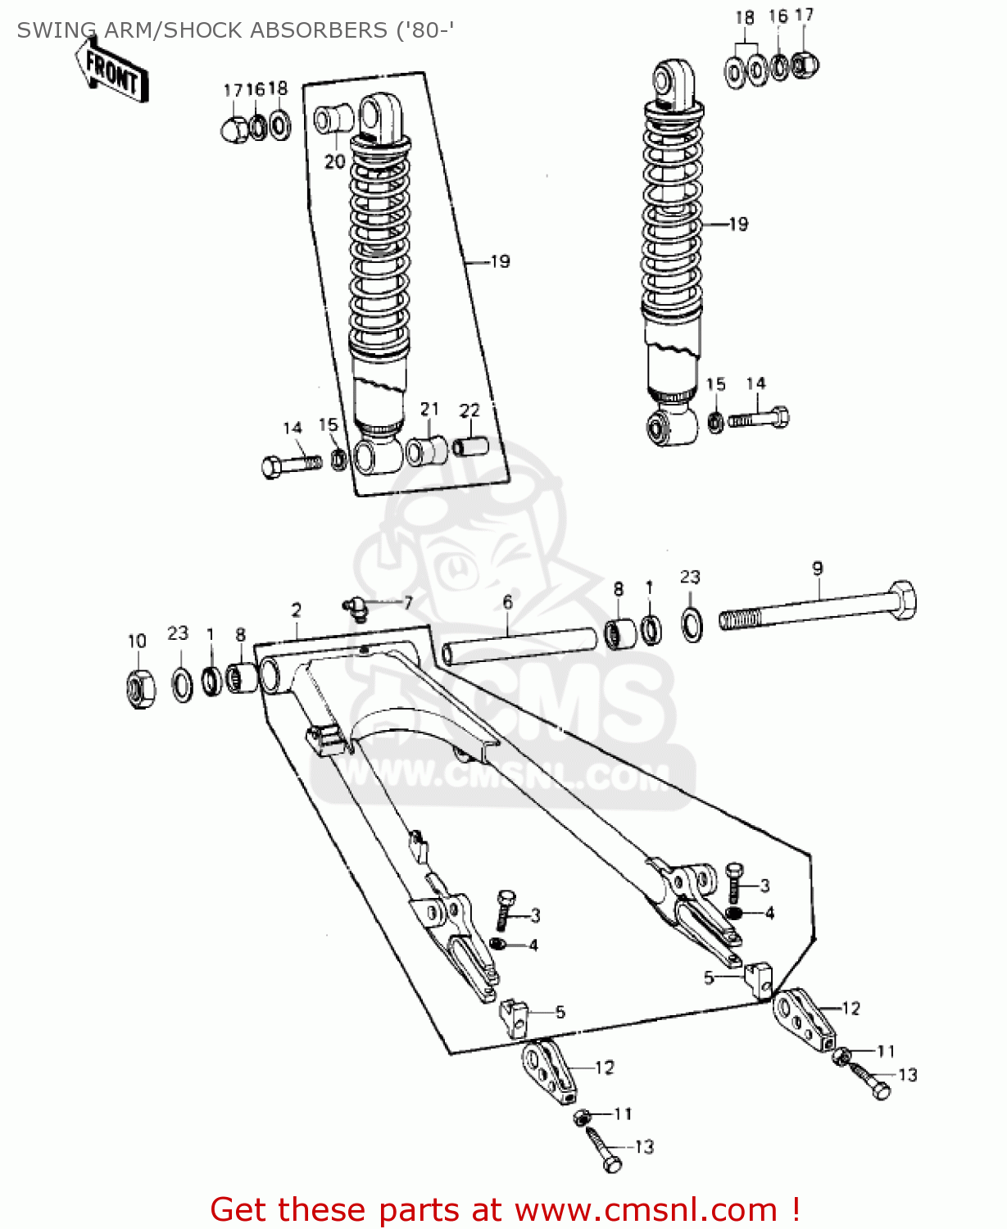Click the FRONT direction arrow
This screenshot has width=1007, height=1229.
112,71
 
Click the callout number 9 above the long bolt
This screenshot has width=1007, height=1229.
817,568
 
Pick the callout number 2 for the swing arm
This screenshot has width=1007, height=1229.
296,610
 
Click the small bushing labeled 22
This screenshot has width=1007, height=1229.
471,447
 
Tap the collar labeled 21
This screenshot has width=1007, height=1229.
427,451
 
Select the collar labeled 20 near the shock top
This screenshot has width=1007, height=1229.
333,120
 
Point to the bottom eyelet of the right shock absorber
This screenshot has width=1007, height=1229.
664,428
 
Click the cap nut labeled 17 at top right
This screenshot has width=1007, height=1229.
805,63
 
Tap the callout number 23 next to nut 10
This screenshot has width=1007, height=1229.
178,633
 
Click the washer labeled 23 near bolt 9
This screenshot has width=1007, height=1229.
692,624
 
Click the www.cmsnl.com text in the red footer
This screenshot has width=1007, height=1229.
645,1209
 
